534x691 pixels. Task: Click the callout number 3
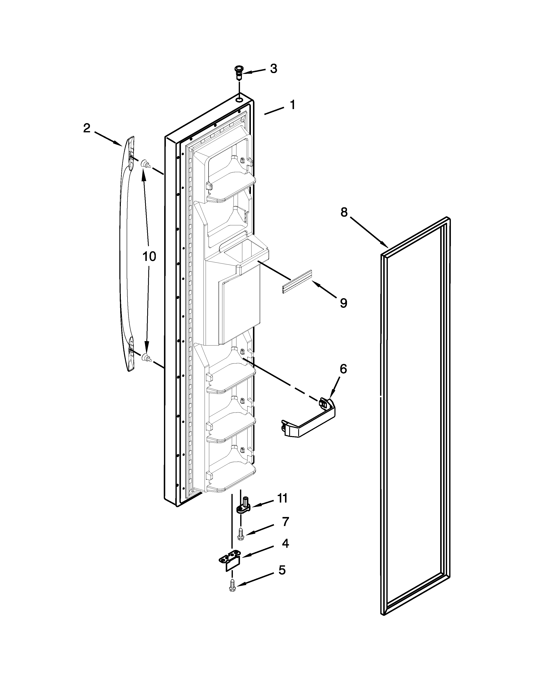274,69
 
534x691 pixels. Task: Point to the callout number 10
149,257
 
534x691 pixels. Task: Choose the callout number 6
343,369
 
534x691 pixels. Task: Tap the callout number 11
282,498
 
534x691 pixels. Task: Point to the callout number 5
282,570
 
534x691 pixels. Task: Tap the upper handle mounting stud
146,164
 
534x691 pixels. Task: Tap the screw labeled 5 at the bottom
232,584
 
